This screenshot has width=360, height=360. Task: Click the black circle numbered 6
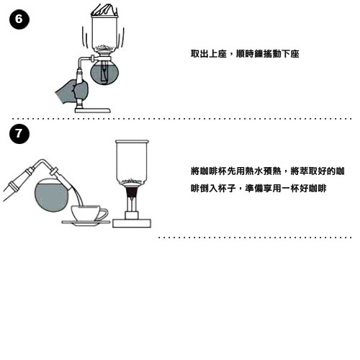pyautogui.click(x=19, y=19)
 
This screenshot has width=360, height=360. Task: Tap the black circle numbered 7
pyautogui.click(x=19, y=134)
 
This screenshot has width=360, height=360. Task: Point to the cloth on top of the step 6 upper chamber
pyautogui.click(x=104, y=10)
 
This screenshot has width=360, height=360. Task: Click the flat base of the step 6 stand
pyautogui.click(x=93, y=110)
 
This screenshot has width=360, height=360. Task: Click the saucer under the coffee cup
pyautogui.click(x=86, y=223)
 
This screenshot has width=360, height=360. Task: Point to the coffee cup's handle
pyautogui.click(x=103, y=214)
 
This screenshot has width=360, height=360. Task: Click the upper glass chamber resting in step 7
pyautogui.click(x=132, y=163)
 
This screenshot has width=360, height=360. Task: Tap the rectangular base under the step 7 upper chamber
pyautogui.click(x=132, y=223)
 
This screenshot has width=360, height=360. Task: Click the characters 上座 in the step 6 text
pyautogui.click(x=217, y=53)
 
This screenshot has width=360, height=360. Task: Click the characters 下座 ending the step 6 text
pyautogui.click(x=290, y=53)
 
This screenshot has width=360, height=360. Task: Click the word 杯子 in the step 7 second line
pyautogui.click(x=227, y=188)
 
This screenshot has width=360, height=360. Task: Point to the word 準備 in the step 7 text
pyautogui.click(x=254, y=188)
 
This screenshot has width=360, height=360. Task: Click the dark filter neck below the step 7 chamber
pyautogui.click(x=132, y=192)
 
